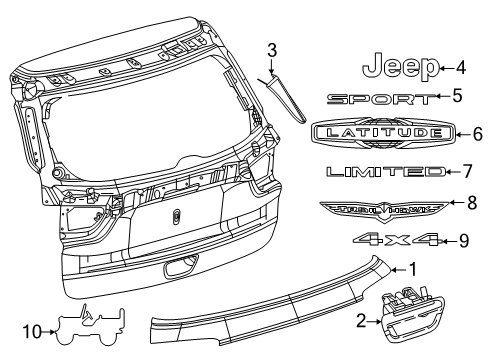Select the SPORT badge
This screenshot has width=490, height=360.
coord(381,98)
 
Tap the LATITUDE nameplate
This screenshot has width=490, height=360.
coord(384,132)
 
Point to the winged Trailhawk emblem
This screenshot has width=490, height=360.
coord(378,207)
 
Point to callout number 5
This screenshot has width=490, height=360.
coord(456,97)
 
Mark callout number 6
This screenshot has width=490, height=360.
coord(478,131)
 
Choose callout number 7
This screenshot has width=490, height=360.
coord(466,172)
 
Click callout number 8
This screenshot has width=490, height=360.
coord(472,204)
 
